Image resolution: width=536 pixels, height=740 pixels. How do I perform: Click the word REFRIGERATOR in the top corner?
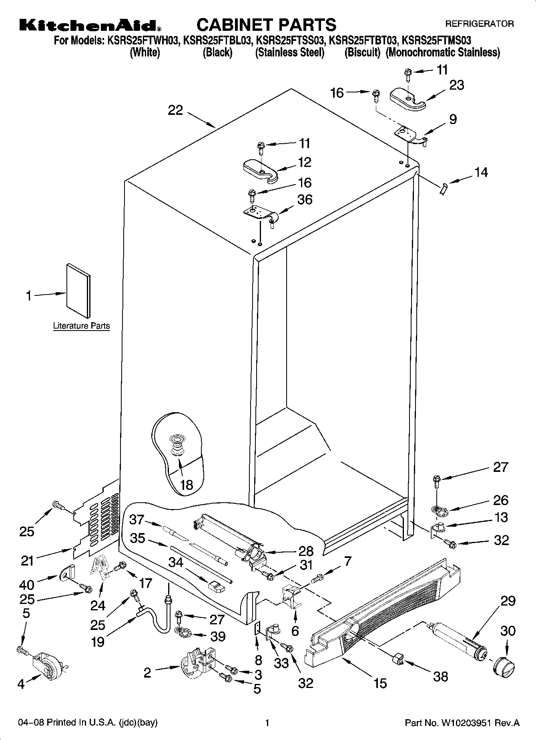(479, 24)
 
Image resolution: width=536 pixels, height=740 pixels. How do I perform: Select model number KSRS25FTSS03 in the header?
(289, 40)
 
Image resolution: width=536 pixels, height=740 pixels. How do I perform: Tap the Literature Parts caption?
(81, 326)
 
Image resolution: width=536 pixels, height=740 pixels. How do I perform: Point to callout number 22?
(175, 110)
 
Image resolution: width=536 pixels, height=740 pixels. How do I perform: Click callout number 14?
(481, 172)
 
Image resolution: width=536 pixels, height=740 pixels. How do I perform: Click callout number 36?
(305, 199)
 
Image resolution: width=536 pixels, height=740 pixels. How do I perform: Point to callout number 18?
(187, 485)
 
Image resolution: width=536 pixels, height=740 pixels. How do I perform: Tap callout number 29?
(508, 601)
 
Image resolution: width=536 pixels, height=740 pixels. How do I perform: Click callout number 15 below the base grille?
(380, 683)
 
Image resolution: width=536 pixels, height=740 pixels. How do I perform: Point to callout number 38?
(441, 676)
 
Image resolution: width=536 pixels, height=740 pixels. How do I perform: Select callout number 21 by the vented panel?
(27, 561)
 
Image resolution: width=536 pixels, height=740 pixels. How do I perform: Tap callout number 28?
(306, 551)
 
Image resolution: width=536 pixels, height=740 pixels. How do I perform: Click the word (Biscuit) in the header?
(362, 52)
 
